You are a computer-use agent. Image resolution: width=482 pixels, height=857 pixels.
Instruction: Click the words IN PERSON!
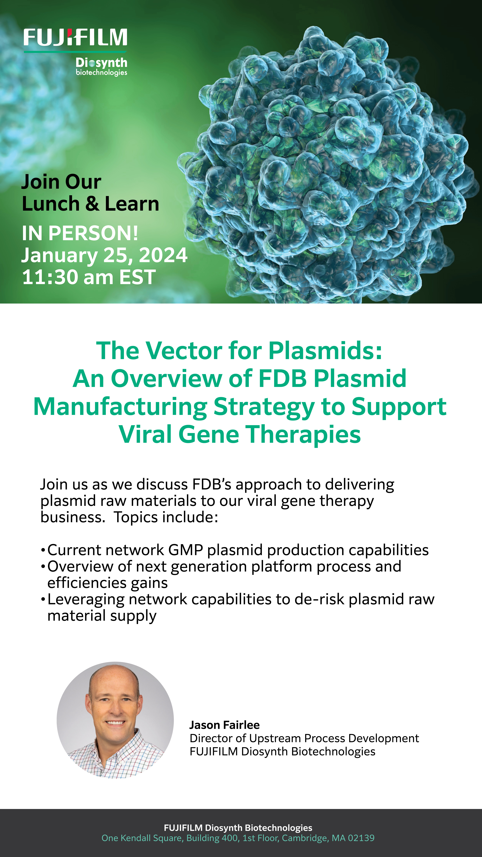[80, 233]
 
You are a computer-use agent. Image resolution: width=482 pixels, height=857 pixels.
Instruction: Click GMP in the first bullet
[186, 550]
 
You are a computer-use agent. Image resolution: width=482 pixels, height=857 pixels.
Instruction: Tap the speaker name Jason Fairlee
[225, 725]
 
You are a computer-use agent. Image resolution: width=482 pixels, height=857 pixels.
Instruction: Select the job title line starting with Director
[304, 738]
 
